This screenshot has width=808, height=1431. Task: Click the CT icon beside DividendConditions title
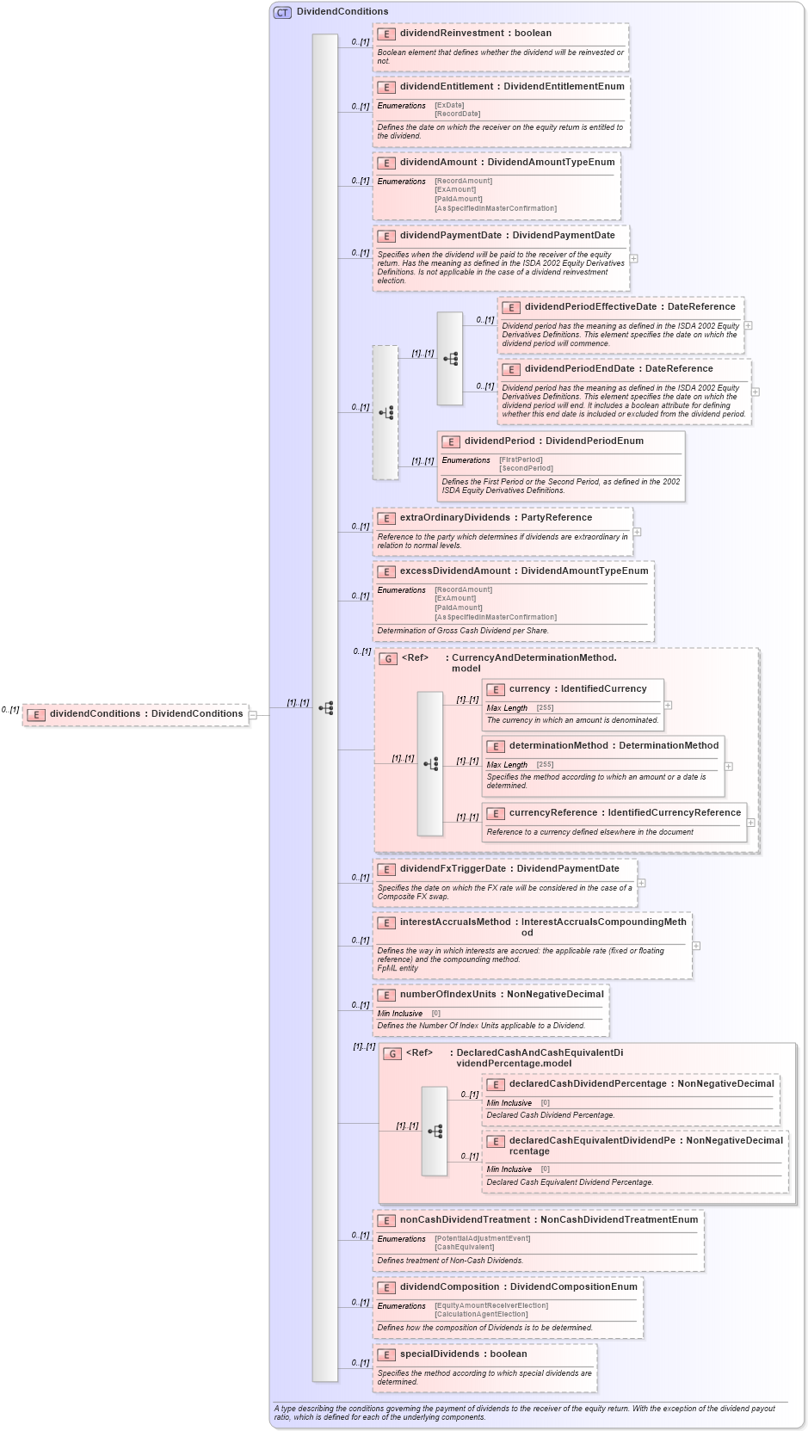282,12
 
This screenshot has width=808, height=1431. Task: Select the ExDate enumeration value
449,105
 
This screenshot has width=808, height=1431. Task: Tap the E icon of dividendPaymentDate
385,236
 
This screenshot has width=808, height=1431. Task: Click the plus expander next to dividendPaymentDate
633,258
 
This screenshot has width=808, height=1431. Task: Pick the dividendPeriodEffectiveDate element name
590,307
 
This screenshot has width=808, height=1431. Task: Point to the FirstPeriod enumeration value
521,460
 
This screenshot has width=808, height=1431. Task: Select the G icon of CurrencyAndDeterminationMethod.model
388,658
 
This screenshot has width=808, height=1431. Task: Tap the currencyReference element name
552,813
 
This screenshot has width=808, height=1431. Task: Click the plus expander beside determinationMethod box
728,766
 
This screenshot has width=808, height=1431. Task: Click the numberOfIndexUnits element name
447,995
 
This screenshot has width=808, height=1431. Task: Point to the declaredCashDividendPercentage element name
587,1084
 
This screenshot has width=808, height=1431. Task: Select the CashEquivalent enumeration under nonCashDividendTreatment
464,1247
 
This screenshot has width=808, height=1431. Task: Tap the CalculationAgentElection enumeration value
481,1314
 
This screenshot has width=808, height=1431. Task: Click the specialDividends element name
439,1354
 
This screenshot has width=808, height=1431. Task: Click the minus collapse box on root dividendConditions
252,714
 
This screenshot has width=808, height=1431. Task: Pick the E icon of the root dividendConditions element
35,714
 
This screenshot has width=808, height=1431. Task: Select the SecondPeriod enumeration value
526,468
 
